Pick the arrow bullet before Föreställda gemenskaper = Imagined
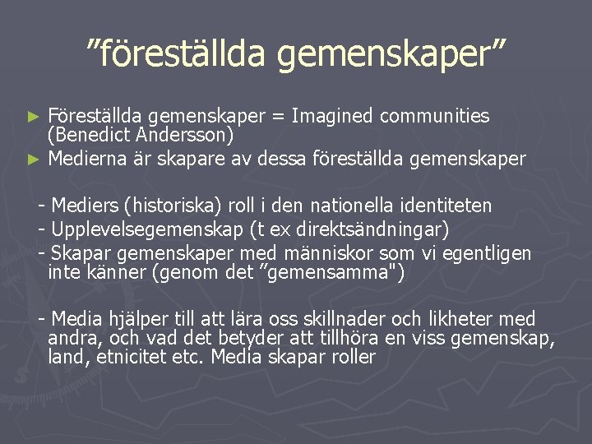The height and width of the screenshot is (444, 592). pyautogui.click(x=34, y=117)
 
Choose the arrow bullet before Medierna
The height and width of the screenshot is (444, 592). pyautogui.click(x=34, y=159)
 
